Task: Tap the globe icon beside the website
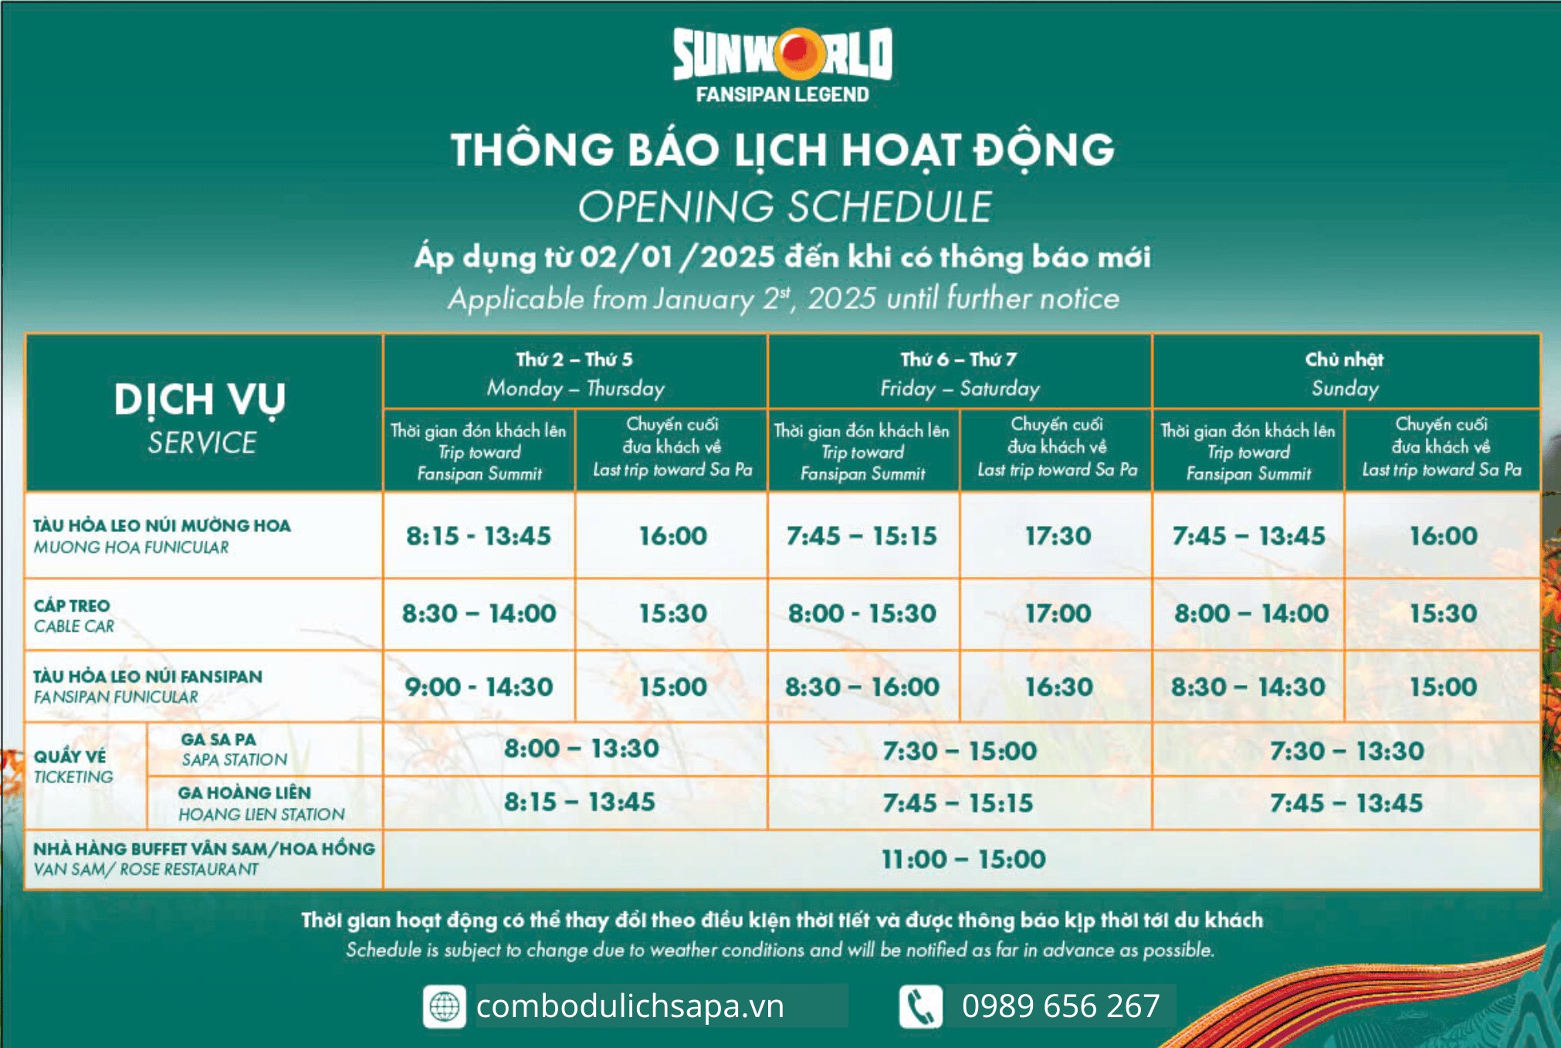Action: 444,1006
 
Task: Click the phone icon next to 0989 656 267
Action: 920,1006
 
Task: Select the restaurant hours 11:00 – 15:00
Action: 963,860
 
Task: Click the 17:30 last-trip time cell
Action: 1058,536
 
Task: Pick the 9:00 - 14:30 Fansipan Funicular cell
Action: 479,687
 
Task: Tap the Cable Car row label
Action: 73,616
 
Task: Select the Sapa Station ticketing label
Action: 233,749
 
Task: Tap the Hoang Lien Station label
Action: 260,803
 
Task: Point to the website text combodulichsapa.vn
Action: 630,1006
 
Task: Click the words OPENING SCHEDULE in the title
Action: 784,207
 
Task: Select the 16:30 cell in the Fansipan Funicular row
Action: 1058,687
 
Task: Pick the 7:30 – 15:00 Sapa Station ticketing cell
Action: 960,751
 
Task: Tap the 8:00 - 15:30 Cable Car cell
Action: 862,614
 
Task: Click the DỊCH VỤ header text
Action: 200,399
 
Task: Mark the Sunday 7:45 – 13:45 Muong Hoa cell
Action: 1248,536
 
